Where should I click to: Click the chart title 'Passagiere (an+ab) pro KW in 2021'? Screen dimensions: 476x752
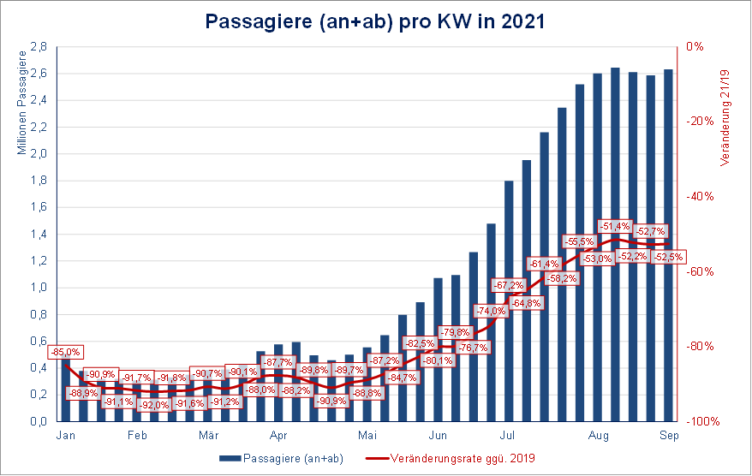(375, 21)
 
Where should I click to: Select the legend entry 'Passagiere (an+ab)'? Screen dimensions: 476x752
(282, 459)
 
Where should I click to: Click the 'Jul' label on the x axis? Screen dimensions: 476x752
(507, 434)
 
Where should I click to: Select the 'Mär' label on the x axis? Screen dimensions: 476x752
(208, 434)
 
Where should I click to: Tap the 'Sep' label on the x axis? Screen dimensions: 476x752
(668, 434)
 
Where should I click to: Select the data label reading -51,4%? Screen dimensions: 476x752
(614, 226)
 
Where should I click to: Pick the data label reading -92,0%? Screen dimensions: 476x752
(154, 405)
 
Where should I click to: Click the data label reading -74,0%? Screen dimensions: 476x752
(491, 311)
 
